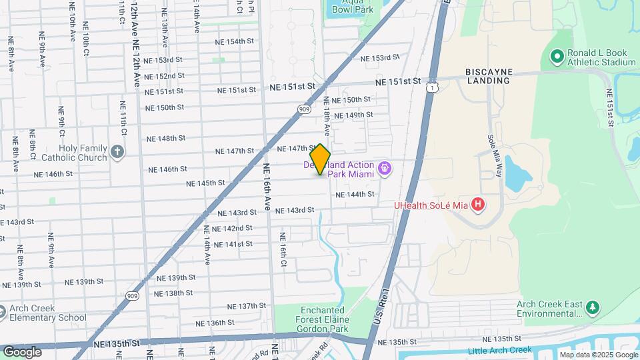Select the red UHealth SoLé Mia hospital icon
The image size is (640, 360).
pyautogui.click(x=477, y=205)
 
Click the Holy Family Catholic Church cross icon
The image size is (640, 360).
pyautogui.click(x=117, y=152)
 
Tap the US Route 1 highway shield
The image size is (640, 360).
pyautogui.click(x=433, y=87)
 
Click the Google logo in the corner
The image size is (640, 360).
pyautogui.click(x=22, y=351)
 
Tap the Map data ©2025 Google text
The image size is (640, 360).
pyautogui.click(x=598, y=355)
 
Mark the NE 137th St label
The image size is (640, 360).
pyautogui.click(x=246, y=305)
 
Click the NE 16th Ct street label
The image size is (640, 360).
pyautogui.click(x=283, y=246)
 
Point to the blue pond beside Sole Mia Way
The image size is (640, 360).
pyautogui.click(x=515, y=172)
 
